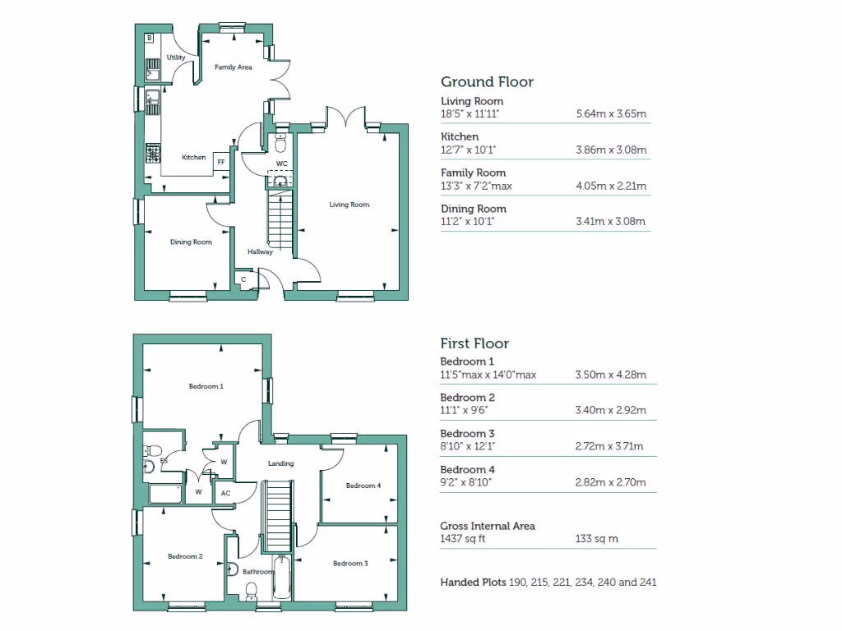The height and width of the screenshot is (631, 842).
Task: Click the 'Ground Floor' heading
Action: pyautogui.click(x=487, y=82)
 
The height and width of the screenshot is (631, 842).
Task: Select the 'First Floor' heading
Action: pyautogui.click(x=474, y=344)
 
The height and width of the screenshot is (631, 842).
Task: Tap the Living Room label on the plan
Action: pyautogui.click(x=349, y=205)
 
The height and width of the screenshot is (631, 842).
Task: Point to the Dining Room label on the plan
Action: pyautogui.click(x=191, y=242)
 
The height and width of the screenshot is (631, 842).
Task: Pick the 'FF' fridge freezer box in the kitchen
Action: pyautogui.click(x=220, y=162)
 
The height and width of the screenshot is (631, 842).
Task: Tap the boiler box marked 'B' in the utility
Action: pyautogui.click(x=150, y=39)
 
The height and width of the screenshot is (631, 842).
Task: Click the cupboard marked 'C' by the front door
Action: pyautogui.click(x=243, y=280)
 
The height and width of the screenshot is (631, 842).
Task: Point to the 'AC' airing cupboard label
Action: pyautogui.click(x=224, y=494)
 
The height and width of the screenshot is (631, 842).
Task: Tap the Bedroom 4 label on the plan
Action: pyautogui.click(x=363, y=486)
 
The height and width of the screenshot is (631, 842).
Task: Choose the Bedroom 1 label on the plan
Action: pyautogui.click(x=206, y=386)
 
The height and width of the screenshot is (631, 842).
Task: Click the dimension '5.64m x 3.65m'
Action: pyautogui.click(x=611, y=114)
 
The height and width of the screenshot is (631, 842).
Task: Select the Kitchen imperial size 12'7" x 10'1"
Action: pyautogui.click(x=468, y=150)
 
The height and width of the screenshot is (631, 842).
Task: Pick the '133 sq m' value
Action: pyautogui.click(x=596, y=539)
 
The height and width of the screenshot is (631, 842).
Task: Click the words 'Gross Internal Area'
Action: pyautogui.click(x=488, y=526)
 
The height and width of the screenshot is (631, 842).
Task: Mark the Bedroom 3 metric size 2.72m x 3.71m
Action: pyautogui.click(x=610, y=446)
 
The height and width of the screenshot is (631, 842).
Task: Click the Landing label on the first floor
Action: pyautogui.click(x=281, y=463)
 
